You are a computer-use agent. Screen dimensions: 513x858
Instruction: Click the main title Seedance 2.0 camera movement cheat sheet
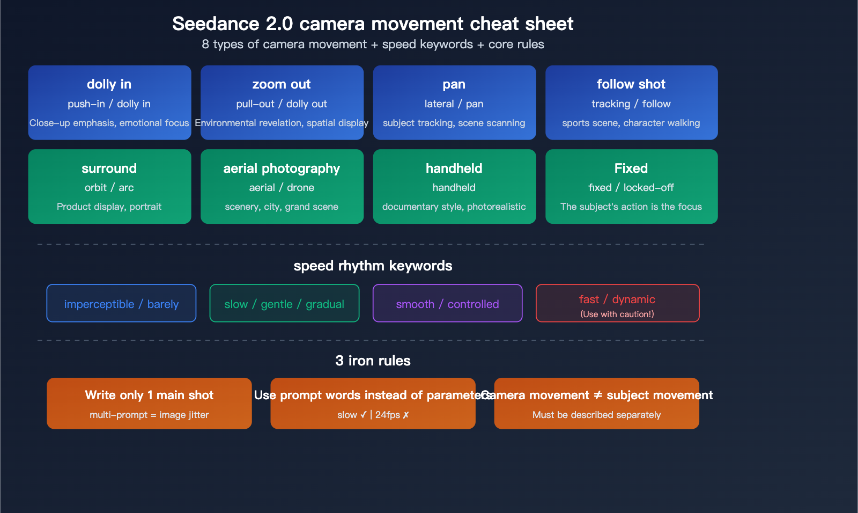pos(373,24)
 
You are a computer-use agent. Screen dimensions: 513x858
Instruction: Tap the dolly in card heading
pos(109,84)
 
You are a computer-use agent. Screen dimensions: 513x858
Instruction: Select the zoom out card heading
pos(282,84)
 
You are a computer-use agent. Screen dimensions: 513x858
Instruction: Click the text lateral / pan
pos(454,104)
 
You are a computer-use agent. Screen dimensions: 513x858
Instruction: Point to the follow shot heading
pos(631,84)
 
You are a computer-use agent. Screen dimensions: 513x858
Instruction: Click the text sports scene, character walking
pos(631,123)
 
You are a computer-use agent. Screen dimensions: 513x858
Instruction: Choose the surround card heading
pos(109,168)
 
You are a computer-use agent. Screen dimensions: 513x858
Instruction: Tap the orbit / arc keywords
pos(109,187)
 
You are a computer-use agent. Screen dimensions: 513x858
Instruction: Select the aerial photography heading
pos(282,168)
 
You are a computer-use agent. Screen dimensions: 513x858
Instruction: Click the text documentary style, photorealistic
pos(454,207)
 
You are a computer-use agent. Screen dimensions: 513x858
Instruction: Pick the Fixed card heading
pos(631,168)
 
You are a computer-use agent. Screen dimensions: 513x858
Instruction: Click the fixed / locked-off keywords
pos(631,187)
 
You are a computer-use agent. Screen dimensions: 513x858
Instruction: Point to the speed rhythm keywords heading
pos(373,266)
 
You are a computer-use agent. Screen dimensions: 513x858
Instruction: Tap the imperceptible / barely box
pos(121,304)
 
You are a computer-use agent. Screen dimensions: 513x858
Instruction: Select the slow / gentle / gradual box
pos(284,304)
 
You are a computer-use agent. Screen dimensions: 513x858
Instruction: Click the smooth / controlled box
pos(447,304)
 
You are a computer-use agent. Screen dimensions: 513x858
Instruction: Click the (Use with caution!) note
pos(617,314)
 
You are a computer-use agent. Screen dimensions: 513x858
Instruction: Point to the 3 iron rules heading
pos(373,361)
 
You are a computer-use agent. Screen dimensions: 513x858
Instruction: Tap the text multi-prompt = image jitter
pos(149,415)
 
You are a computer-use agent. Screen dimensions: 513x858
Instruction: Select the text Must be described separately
pos(596,415)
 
